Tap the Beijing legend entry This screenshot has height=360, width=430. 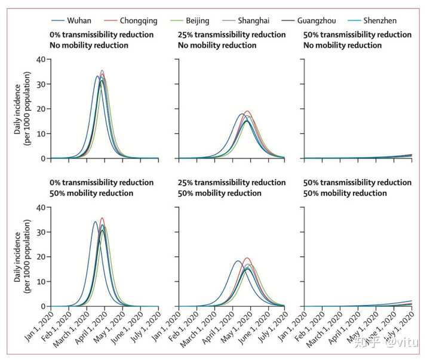(196, 21)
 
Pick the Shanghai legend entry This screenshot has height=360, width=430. (255, 21)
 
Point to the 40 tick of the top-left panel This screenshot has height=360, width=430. (41, 60)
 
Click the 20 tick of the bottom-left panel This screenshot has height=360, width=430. (41, 257)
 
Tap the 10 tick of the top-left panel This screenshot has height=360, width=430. (41, 134)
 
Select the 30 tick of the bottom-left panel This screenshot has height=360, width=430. (41, 232)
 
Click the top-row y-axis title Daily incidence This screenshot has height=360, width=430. (18, 109)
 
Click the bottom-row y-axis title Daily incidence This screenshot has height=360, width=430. (18, 257)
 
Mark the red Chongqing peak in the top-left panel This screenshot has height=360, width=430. (102, 70)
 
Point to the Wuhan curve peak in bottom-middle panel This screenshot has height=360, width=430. (238, 261)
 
